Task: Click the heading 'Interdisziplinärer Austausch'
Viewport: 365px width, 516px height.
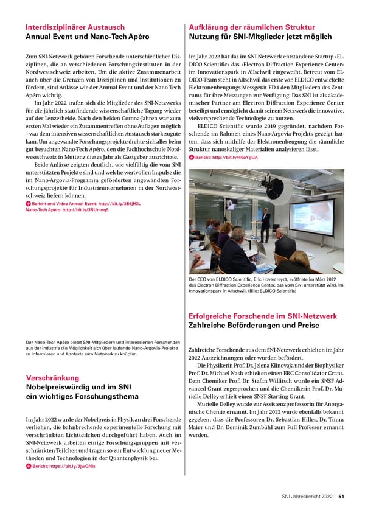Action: coord(75,27)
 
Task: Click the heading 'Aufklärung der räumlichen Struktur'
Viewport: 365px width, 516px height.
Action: coord(252,27)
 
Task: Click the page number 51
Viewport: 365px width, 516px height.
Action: coord(342,496)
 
